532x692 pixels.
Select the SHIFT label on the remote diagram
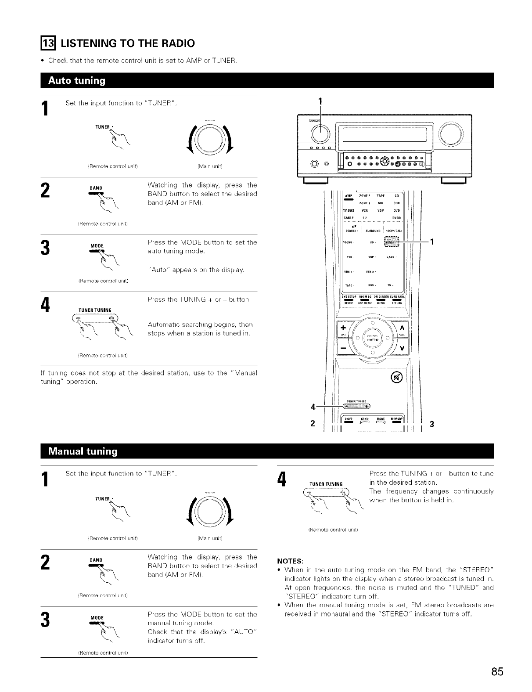pyautogui.click(x=349, y=418)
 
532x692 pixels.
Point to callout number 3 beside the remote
pyautogui.click(x=431, y=424)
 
